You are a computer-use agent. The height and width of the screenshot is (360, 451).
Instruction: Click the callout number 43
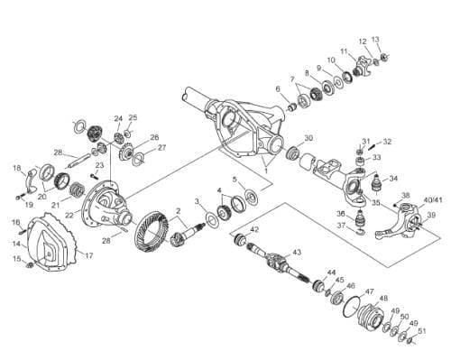click(x=297, y=253)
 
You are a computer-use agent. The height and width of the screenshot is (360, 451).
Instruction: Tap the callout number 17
click(x=89, y=256)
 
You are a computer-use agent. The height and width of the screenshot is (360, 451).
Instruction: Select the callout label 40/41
click(x=433, y=200)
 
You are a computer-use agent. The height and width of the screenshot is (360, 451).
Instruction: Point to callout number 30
click(x=308, y=138)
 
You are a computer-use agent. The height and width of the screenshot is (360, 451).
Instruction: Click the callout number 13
click(x=375, y=40)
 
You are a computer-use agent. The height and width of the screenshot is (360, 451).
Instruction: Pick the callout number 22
click(x=69, y=216)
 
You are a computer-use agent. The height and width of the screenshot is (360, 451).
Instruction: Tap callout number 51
click(x=422, y=331)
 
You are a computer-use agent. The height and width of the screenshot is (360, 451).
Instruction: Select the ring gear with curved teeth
click(x=151, y=232)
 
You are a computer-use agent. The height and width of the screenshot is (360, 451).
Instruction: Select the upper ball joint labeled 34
click(x=377, y=183)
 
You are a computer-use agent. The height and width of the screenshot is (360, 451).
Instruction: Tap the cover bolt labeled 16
click(x=23, y=232)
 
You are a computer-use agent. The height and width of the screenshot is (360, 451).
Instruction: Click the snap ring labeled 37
click(x=361, y=232)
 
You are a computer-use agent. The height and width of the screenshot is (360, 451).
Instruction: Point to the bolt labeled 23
click(x=94, y=175)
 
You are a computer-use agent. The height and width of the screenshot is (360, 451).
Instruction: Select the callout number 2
click(x=179, y=211)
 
